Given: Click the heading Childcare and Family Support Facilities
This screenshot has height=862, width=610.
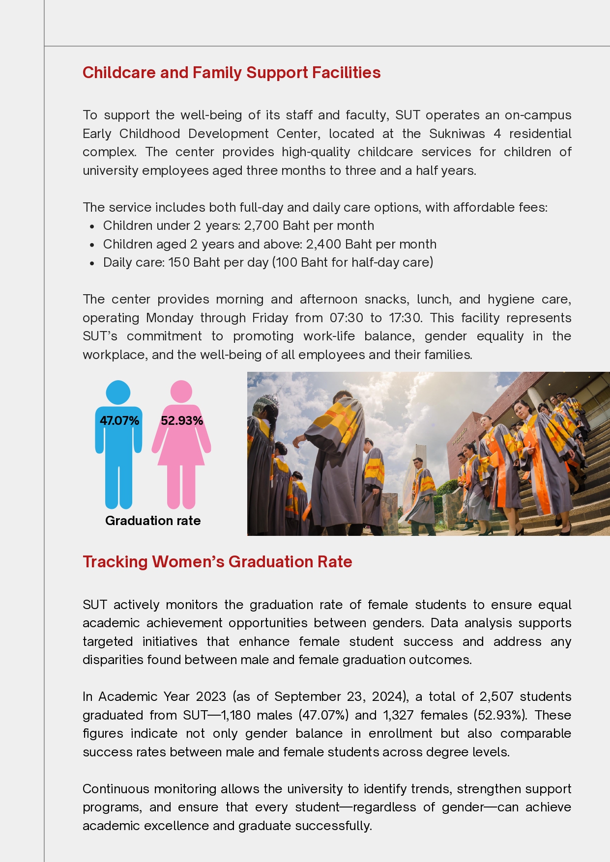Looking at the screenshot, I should pos(232,73).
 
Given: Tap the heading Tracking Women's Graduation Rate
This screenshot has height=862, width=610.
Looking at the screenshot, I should pos(217,562).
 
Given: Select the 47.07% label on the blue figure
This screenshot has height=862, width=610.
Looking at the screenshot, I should pos(119,421).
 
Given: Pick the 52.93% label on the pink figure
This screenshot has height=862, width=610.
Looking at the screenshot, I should pos(182,421).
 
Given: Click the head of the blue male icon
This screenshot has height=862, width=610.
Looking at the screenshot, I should pos(118,392).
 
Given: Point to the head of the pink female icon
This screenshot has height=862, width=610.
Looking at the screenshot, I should pos(181,392).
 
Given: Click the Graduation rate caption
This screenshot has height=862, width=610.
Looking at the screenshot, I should pos(153,521).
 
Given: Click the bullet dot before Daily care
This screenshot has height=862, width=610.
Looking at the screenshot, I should pos(92,263).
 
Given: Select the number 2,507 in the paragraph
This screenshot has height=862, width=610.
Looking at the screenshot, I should pos(496,697).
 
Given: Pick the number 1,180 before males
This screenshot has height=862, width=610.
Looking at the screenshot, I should pos(236,715).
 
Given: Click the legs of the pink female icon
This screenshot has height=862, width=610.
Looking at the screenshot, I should pos(181,486).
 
